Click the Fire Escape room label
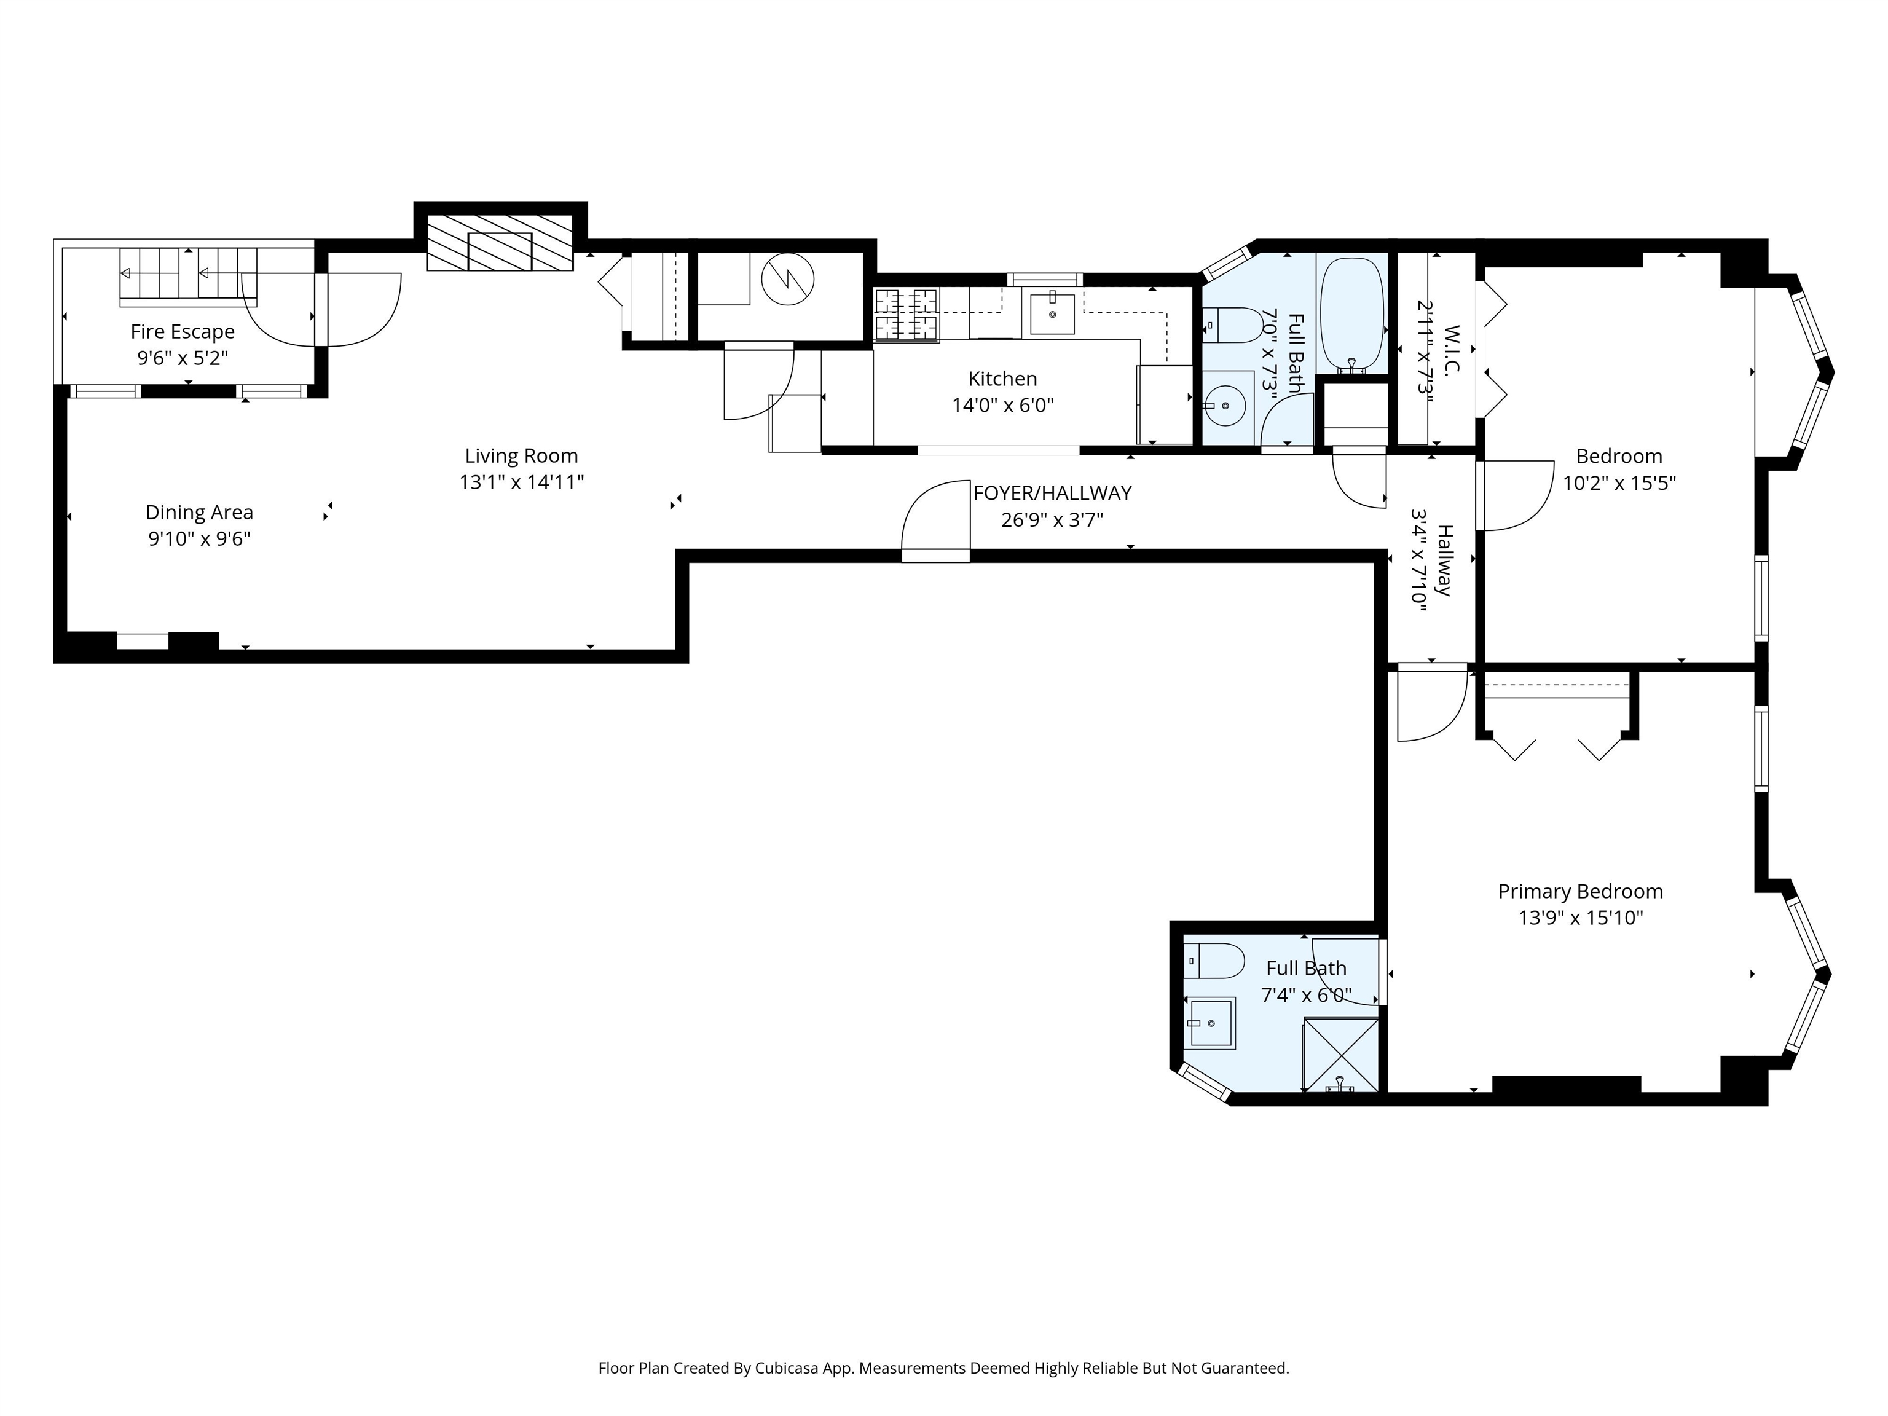[x=183, y=331]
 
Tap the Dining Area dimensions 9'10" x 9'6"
[x=200, y=538]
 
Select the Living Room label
[x=522, y=456]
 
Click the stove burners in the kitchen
[x=907, y=314]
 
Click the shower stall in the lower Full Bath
[x=1340, y=1055]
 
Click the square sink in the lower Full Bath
[x=1210, y=1023]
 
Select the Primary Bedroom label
[x=1581, y=891]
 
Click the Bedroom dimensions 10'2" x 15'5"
[x=1619, y=483]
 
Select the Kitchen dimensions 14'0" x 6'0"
[x=1003, y=406]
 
